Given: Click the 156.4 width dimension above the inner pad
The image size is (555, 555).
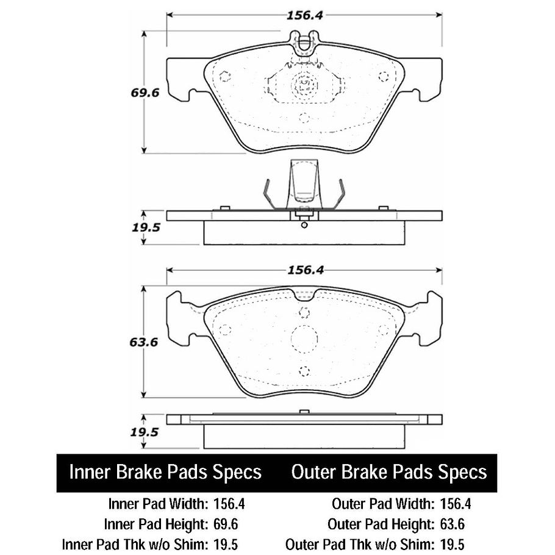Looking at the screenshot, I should pyautogui.click(x=304, y=16).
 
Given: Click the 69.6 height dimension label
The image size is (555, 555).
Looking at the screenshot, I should pyautogui.click(x=144, y=94).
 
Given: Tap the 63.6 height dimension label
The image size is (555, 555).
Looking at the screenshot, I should pyautogui.click(x=144, y=342).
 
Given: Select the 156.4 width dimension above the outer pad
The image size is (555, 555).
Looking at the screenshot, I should pyautogui.click(x=304, y=271).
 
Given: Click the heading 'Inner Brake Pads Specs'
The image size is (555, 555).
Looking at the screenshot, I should pyautogui.click(x=165, y=472).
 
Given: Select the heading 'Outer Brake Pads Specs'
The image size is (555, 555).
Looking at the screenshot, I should pyautogui.click(x=389, y=472).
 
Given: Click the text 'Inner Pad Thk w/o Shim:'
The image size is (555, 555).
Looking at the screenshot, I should pyautogui.click(x=135, y=543).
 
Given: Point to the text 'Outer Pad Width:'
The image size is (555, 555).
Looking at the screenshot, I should pyautogui.click(x=383, y=504).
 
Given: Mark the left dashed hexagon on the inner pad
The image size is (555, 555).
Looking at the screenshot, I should pyautogui.click(x=224, y=77).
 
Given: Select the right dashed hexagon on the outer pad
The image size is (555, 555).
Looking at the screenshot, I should pyautogui.click(x=383, y=330).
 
